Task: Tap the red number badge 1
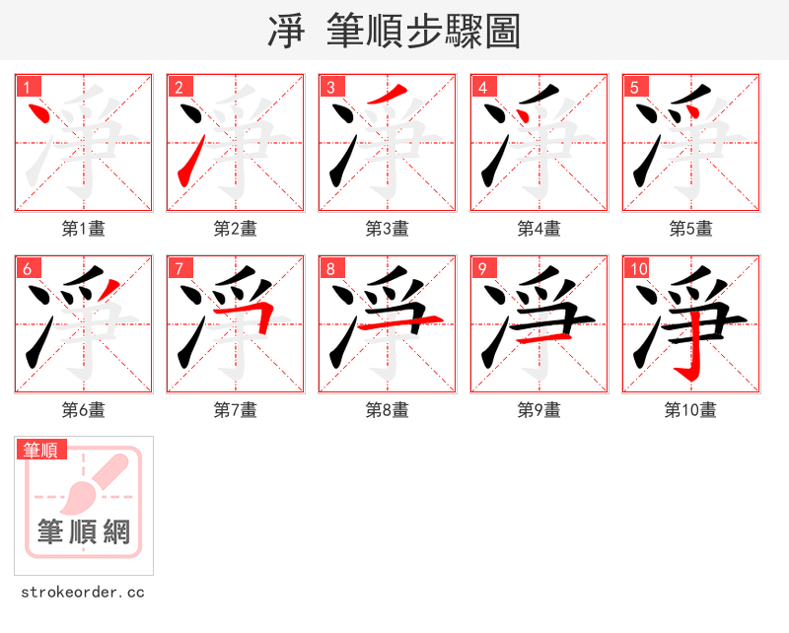26,87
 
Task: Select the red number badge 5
633,87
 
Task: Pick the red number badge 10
637,268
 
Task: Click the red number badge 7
178,268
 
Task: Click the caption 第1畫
84,229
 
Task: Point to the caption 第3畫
388,229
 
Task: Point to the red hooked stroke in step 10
693,350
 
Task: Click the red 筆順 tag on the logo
41,450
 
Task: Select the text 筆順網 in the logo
84,532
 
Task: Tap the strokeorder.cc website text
83,593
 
